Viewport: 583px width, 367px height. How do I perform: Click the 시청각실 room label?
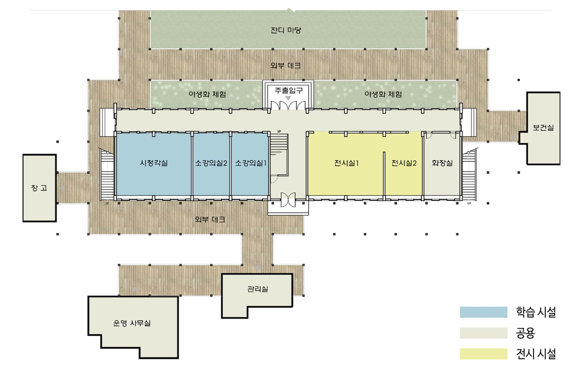tap(154, 163)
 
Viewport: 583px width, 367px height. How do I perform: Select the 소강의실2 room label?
tap(211, 163)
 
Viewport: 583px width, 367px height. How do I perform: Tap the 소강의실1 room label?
tap(251, 163)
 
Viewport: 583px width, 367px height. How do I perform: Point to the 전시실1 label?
tap(346, 163)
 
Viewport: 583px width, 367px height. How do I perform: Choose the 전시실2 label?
tap(404, 163)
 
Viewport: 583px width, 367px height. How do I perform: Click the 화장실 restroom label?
tap(442, 163)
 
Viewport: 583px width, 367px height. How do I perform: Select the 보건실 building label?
tap(543, 128)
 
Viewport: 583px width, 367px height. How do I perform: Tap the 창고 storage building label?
tap(39, 188)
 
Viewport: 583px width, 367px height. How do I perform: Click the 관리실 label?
tap(258, 289)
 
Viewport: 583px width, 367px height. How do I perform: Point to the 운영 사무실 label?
tap(132, 323)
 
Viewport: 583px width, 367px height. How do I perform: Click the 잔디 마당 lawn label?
tap(286, 30)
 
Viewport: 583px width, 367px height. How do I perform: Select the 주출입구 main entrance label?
tap(289, 91)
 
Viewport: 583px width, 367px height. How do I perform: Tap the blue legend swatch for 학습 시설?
tap(484, 312)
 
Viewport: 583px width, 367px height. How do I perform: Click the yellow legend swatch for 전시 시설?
tap(484, 354)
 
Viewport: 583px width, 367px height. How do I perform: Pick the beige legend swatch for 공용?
tap(484, 333)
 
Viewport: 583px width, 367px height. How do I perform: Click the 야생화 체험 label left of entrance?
tap(207, 94)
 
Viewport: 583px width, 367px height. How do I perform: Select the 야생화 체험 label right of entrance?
tap(383, 94)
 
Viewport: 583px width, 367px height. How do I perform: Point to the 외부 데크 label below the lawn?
tap(286, 65)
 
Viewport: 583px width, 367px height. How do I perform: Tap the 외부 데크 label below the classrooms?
tap(210, 219)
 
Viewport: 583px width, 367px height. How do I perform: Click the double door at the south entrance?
tap(288, 200)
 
